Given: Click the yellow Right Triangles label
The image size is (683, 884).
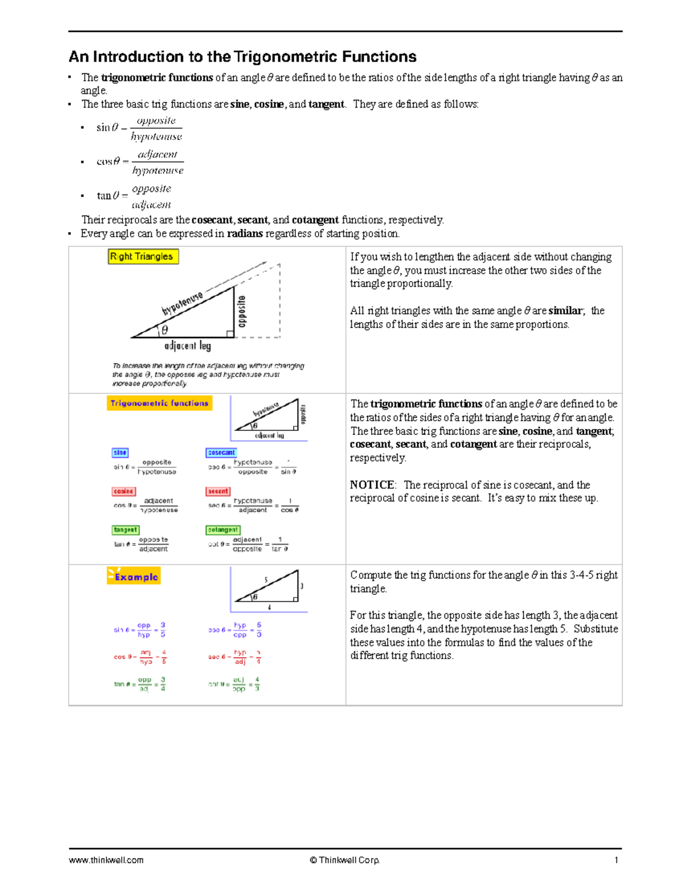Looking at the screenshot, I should [x=143, y=257].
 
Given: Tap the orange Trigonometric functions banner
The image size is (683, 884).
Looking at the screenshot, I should [x=159, y=403].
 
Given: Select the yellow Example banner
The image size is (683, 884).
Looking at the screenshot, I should [x=134, y=577].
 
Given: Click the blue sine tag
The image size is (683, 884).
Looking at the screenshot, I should [x=120, y=453].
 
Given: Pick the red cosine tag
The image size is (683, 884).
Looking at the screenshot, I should [x=124, y=491].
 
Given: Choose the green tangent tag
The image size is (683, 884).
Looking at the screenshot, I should [x=125, y=530].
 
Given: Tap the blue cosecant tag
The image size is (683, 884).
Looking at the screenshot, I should [x=221, y=453].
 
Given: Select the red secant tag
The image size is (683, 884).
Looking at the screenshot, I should [x=218, y=491].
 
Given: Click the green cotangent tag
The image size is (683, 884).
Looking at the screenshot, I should [x=223, y=530].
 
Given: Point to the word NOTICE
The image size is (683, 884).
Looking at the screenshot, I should [x=372, y=485].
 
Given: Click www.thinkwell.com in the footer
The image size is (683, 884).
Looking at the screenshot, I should [x=106, y=860].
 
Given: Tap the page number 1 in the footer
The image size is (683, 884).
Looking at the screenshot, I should [x=616, y=860].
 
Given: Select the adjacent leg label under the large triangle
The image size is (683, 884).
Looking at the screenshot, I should [x=187, y=346].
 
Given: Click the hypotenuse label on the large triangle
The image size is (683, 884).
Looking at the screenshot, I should [x=182, y=304].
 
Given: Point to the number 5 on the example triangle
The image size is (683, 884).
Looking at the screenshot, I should [x=266, y=580].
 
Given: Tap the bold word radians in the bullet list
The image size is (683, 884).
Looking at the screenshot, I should [x=245, y=233].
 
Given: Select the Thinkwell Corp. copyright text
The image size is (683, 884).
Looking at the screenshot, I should [x=345, y=860].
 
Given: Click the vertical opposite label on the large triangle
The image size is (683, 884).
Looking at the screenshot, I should [x=242, y=311].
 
